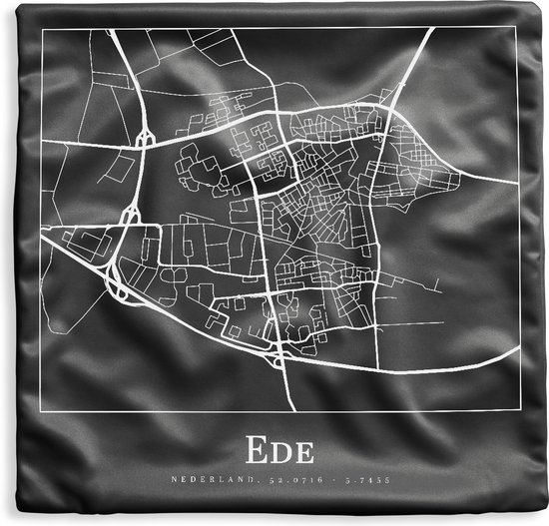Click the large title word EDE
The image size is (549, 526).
tap(278, 450)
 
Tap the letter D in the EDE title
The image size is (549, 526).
tap(278, 450)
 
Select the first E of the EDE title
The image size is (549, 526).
tap(253, 450)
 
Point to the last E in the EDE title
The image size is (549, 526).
tap(303, 451)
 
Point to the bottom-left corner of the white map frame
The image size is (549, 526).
tap(42, 410)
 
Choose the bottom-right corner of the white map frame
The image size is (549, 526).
tap(515, 410)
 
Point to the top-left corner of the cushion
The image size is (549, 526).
tap(4, 4)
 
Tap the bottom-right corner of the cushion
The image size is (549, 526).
tap(544, 521)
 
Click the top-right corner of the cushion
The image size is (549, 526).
tap(544, 4)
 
